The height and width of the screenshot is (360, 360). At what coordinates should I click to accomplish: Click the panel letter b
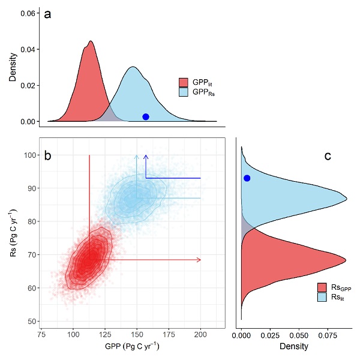point(47,155)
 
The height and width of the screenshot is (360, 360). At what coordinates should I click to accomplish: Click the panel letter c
point(328,156)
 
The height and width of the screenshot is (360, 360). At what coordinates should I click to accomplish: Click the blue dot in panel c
point(247,178)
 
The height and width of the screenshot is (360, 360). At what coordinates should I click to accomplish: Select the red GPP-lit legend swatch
point(184,82)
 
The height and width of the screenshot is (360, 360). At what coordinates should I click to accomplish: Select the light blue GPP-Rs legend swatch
point(184,92)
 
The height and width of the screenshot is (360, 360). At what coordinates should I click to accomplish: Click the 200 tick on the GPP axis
point(201,333)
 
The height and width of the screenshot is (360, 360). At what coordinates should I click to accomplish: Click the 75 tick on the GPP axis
point(42,333)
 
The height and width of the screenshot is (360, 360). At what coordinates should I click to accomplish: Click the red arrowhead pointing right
point(199,260)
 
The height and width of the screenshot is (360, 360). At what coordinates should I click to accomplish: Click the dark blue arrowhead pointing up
point(146,157)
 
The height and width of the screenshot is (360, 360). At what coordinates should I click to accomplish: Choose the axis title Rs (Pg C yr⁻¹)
point(13,238)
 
